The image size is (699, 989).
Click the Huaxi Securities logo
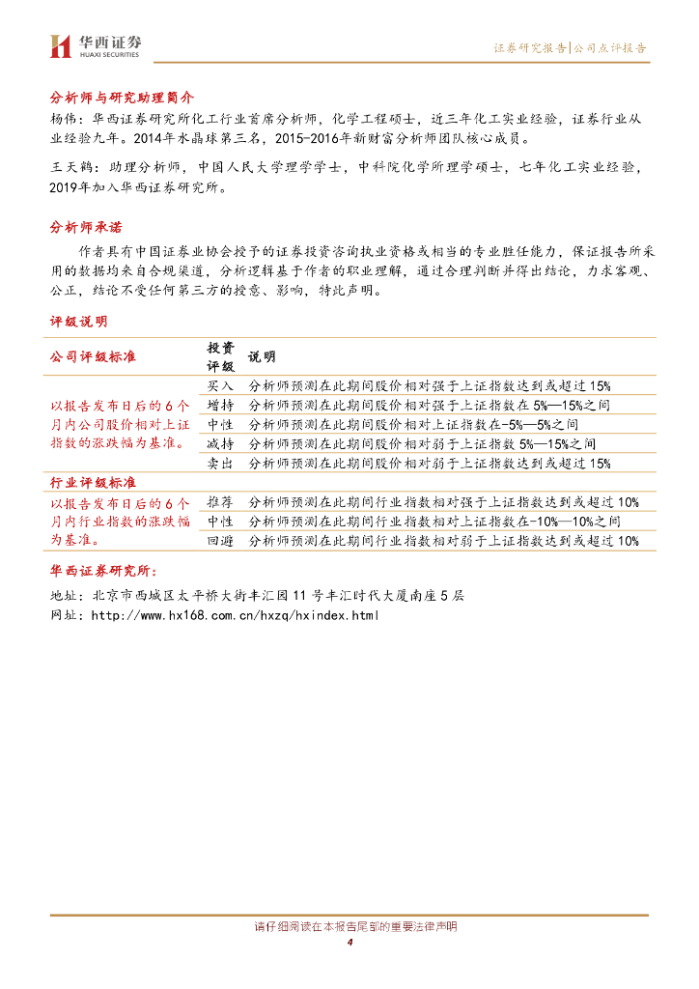[x=96, y=45]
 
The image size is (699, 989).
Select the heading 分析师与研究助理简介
[x=122, y=98]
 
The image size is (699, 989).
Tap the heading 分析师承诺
[x=86, y=227]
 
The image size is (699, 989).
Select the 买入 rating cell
[x=220, y=384]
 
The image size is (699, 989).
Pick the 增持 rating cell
[x=220, y=405]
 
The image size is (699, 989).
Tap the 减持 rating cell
[x=220, y=444]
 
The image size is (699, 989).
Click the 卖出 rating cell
[x=220, y=464]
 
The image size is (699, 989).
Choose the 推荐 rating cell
[x=220, y=502]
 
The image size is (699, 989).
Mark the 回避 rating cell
[x=220, y=542]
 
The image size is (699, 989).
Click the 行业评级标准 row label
[x=93, y=482]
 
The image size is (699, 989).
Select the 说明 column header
[x=262, y=356]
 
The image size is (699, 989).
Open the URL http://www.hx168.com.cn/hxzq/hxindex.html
[x=227, y=615]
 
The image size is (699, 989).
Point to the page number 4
[x=349, y=943]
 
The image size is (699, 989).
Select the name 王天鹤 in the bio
[x=70, y=167]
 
